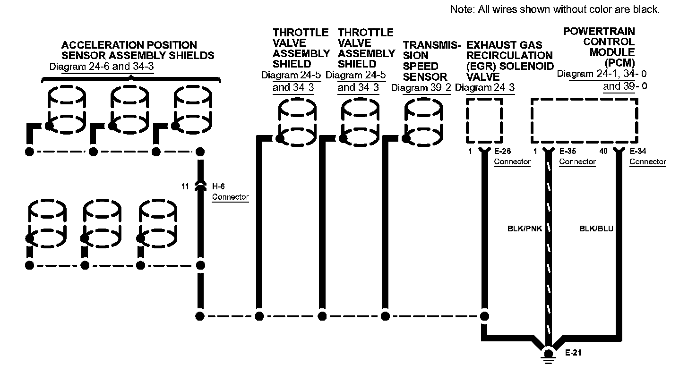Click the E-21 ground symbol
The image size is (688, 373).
[x=548, y=355]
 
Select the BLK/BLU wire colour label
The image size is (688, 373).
[x=596, y=229]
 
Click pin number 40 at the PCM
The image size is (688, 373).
[x=603, y=152]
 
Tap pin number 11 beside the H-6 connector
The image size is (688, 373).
[x=185, y=186]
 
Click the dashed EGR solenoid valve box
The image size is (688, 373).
[x=484, y=120]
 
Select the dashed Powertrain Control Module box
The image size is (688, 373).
[x=584, y=120]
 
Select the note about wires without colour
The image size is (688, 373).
[x=555, y=9]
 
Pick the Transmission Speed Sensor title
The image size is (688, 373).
[x=431, y=60]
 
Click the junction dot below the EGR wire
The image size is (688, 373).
[x=484, y=316]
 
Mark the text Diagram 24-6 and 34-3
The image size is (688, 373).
[x=102, y=66]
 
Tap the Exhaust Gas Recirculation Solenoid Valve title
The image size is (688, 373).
[x=509, y=60]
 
